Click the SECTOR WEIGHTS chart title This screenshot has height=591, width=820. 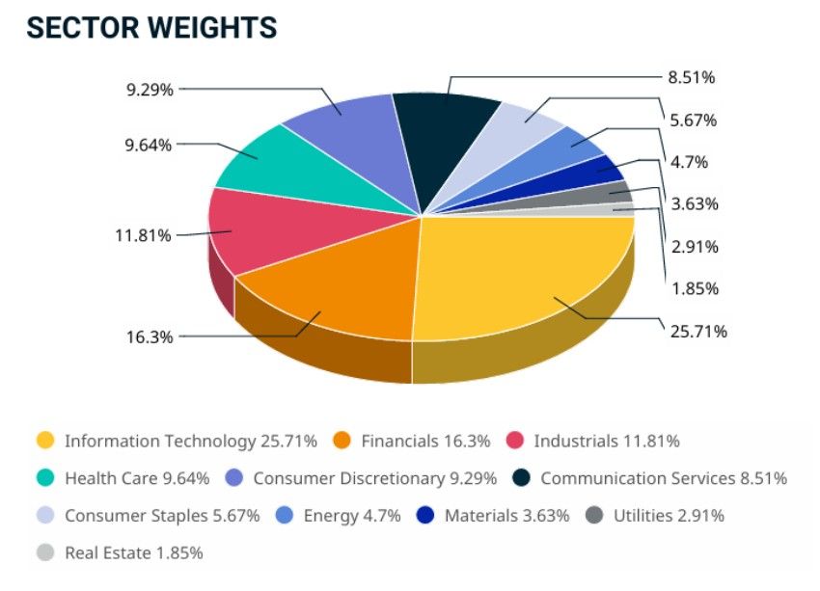[151, 28]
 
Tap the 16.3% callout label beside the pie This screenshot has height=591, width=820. [149, 337]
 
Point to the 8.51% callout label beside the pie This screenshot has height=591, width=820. [692, 77]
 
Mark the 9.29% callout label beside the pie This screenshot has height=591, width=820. [150, 90]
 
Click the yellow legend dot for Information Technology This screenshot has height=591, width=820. [44, 441]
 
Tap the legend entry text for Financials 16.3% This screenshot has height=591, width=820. [425, 441]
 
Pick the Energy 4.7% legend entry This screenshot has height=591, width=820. [351, 515]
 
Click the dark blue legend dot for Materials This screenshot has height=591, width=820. [425, 515]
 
